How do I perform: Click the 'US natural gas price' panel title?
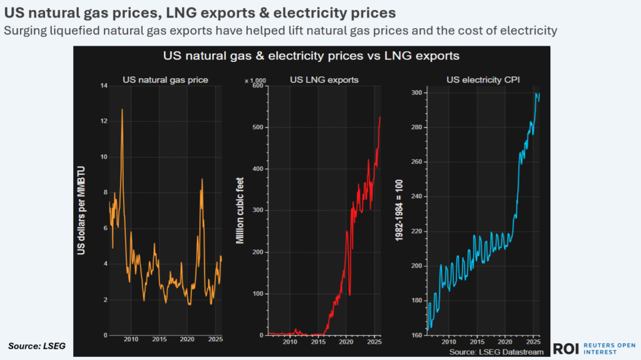pyautogui.click(x=165, y=80)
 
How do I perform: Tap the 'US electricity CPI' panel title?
pyautogui.click(x=483, y=80)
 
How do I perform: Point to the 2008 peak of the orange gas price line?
pyautogui.click(x=121, y=110)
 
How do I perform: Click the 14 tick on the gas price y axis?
pyautogui.click(x=103, y=85)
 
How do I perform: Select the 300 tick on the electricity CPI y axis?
pyautogui.click(x=415, y=93)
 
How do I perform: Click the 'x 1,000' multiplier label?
pyautogui.click(x=255, y=80)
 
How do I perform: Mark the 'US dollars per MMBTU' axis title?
pyautogui.click(x=81, y=210)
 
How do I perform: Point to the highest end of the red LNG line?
pyautogui.click(x=380, y=117)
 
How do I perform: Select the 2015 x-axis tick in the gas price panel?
pyautogui.click(x=159, y=341)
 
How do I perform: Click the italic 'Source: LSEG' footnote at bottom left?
pyautogui.click(x=36, y=346)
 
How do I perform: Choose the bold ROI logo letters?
pyautogui.click(x=565, y=349)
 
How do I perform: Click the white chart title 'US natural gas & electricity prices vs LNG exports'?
pyautogui.click(x=311, y=56)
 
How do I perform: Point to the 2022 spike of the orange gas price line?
pyautogui.click(x=202, y=180)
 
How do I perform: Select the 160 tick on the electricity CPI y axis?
pyautogui.click(x=415, y=335)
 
